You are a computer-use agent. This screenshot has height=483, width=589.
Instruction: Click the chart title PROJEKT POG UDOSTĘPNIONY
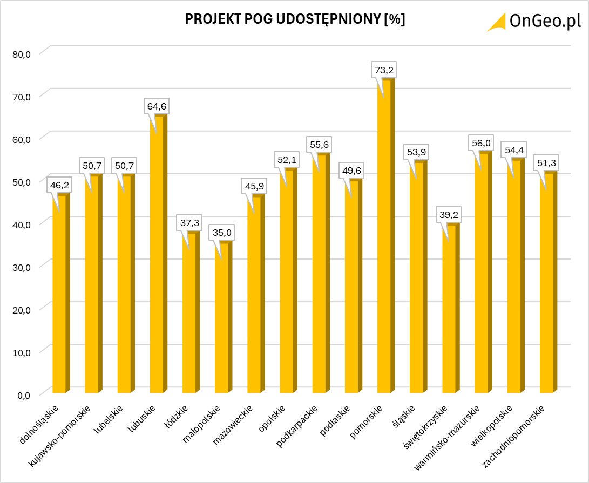point(295,19)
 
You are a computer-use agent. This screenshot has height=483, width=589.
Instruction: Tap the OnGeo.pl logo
point(534,22)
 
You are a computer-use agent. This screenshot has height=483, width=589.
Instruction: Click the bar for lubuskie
point(158,254)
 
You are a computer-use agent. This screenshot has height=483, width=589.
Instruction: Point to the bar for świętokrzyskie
point(450,308)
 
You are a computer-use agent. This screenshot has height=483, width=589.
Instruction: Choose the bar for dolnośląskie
point(60,294)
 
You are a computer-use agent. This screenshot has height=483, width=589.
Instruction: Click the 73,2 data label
point(384,70)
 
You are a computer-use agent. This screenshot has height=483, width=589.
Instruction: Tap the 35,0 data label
point(222,233)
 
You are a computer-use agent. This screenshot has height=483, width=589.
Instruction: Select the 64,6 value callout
point(157,106)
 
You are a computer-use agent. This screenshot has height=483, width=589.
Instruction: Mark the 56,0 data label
point(482,143)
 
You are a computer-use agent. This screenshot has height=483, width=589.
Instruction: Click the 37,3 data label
point(189,222)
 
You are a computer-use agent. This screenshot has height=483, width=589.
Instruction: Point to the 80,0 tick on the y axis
point(24,53)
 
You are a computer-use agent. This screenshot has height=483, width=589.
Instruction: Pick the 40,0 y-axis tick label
point(24,224)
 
